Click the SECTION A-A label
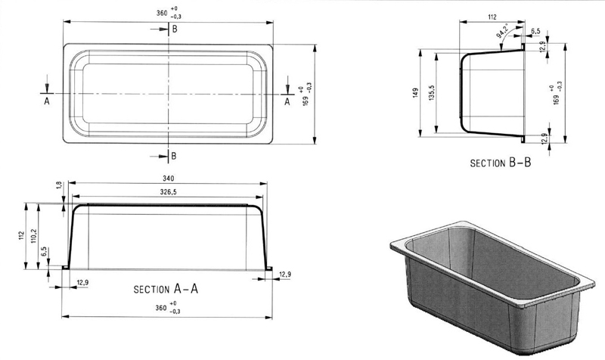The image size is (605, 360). [x=166, y=288]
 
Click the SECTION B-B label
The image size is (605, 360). [x=501, y=163]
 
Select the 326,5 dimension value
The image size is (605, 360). [x=169, y=193]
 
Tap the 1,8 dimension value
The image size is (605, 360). [x=59, y=185]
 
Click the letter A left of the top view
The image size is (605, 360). [x=47, y=100]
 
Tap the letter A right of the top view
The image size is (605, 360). [x=287, y=100]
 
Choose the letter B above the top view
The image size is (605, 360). [x=175, y=29]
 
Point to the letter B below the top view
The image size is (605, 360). [x=174, y=156]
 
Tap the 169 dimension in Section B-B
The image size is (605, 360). [x=558, y=92]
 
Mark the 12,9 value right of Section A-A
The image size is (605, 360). [x=285, y=274]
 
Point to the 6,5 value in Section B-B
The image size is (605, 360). [x=535, y=32]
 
